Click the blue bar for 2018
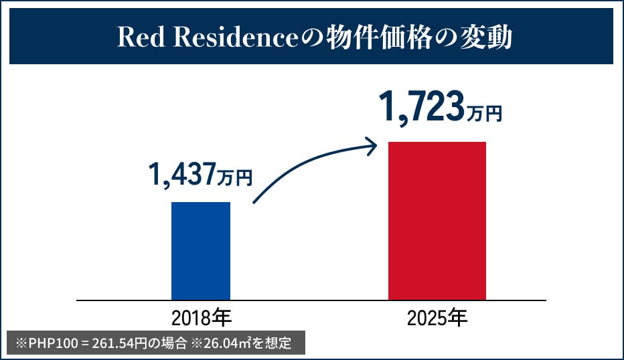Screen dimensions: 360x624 [x=201, y=251]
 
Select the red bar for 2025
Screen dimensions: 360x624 [x=437, y=221]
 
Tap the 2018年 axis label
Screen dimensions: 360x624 [x=201, y=317]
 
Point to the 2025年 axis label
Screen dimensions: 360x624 [x=437, y=317]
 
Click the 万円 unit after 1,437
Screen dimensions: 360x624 [x=235, y=178]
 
